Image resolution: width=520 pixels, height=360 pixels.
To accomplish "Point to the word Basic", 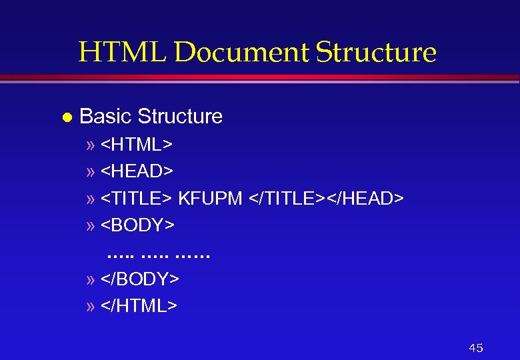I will click(105, 117).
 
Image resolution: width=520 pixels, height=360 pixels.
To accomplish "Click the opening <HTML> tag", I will click(137, 144).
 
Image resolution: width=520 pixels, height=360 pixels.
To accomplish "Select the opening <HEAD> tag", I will click(137, 171).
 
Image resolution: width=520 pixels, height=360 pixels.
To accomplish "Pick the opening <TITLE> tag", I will click(137, 199).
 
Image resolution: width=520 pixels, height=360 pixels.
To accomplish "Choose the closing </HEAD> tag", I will click(365, 199).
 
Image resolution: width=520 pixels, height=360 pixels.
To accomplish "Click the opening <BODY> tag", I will click(138, 225).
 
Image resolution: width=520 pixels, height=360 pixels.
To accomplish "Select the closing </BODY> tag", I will click(140, 279).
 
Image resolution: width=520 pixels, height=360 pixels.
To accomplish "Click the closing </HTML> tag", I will click(139, 306).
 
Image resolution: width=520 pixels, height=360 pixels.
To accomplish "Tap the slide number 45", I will click(476, 348).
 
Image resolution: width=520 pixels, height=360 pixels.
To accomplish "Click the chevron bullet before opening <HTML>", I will click(91, 145).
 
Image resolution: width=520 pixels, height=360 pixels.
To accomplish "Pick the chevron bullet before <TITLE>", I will click(91, 199).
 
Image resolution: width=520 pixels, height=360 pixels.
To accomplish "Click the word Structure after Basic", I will click(180, 117).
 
